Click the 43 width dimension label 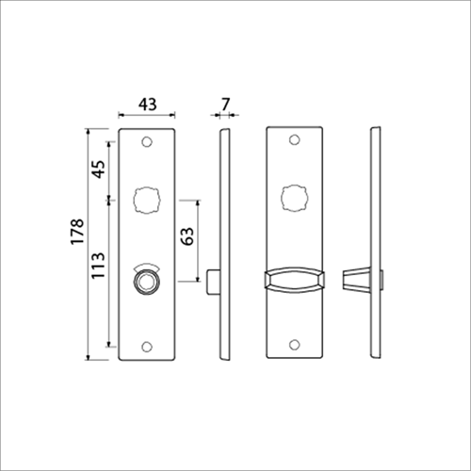147,104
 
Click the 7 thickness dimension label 225,104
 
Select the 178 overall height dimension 77,231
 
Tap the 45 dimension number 99,170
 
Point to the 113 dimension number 98,265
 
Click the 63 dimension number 187,235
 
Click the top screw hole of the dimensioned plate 147,141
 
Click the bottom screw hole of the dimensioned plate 147,347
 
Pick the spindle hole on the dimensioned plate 147,201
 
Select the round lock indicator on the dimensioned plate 147,281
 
